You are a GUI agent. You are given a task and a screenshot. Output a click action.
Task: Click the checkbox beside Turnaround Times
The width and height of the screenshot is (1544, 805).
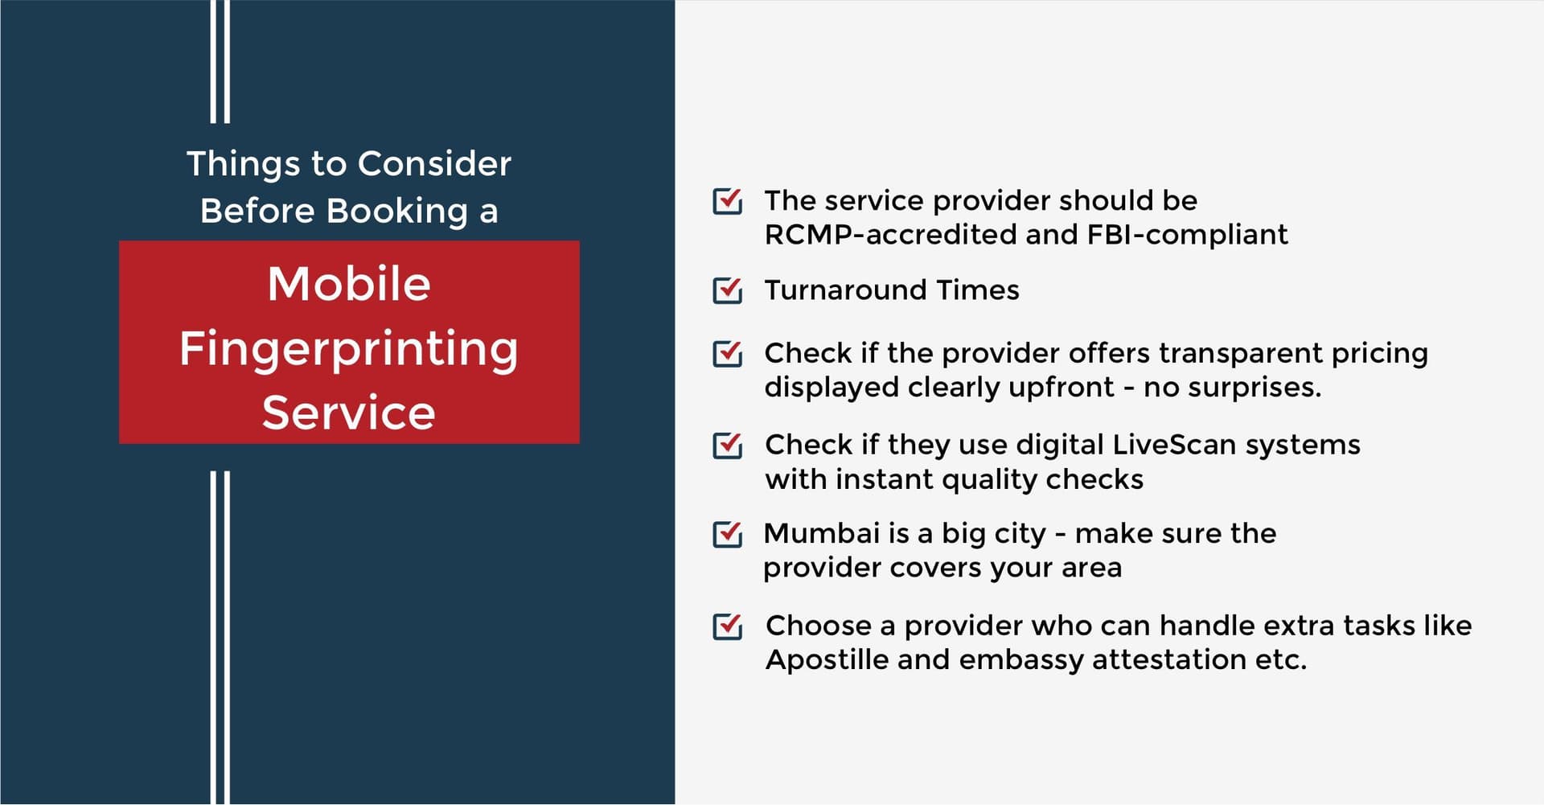[728, 290]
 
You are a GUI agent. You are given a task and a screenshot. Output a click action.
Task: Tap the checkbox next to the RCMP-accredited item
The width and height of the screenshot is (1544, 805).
[728, 200]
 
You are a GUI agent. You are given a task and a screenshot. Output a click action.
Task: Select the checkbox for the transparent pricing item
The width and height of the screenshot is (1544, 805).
[728, 353]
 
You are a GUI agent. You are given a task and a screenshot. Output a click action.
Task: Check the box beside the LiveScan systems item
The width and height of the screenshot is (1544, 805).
[728, 445]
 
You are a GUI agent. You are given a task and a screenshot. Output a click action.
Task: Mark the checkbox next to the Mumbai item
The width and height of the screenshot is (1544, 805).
[728, 533]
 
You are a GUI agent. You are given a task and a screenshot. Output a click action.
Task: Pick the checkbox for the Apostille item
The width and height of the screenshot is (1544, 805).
[728, 626]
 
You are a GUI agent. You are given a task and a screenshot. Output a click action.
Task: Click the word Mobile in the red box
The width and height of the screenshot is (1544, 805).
[349, 284]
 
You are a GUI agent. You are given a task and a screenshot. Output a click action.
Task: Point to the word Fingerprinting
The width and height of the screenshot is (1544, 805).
[349, 350]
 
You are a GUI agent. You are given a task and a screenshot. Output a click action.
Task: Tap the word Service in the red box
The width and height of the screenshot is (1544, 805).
[349, 413]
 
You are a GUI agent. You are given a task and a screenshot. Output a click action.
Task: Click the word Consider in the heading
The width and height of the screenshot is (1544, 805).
[434, 164]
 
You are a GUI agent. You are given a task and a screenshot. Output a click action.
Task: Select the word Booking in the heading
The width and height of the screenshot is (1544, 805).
[397, 212]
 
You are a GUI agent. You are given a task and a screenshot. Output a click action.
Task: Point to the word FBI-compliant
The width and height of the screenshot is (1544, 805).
[1187, 236]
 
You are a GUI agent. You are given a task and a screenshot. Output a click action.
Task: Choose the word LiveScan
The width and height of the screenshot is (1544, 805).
[1174, 445]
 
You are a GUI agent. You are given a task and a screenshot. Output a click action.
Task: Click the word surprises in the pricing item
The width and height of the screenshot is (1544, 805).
[1254, 388]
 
